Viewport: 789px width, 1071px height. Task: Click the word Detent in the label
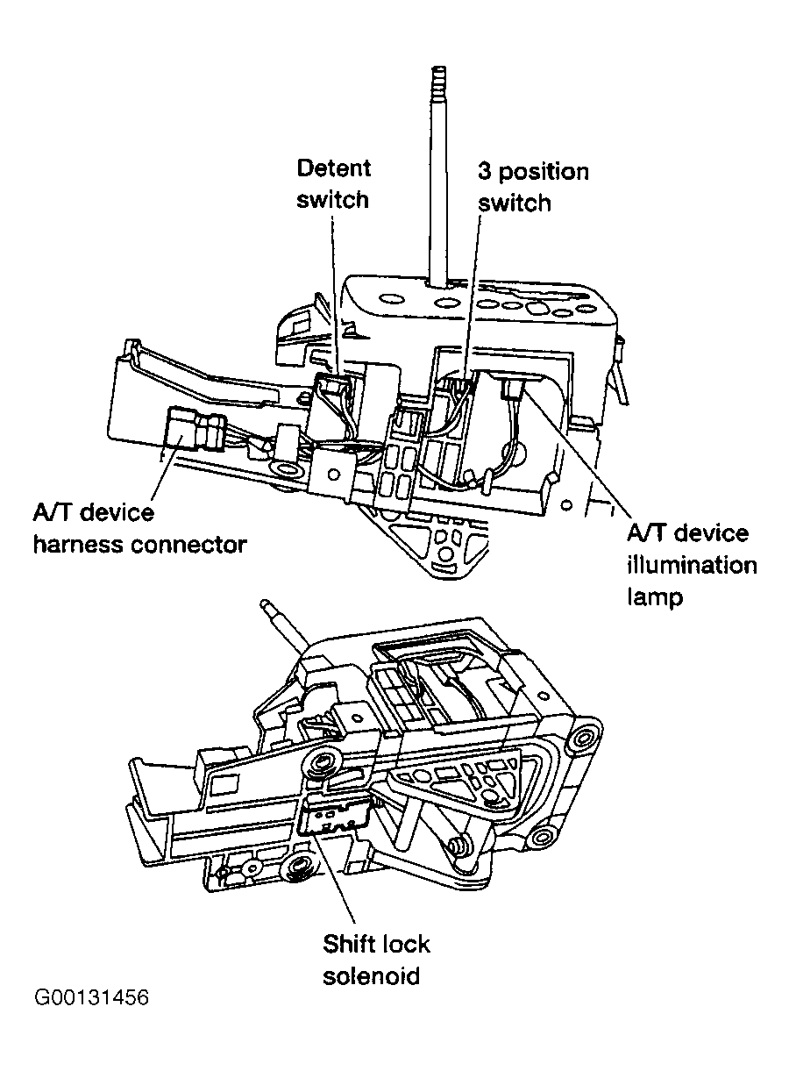[x=333, y=168]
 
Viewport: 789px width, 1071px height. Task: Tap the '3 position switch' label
[x=532, y=187]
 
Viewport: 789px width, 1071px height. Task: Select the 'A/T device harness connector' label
[x=139, y=528]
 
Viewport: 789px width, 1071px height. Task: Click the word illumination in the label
[x=691, y=565]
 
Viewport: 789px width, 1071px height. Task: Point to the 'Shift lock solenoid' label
[x=376, y=960]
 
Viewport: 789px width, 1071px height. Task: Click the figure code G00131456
[x=92, y=999]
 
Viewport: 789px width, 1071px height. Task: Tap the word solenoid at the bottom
[x=372, y=975]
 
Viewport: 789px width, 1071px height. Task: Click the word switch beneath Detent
[x=332, y=199]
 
